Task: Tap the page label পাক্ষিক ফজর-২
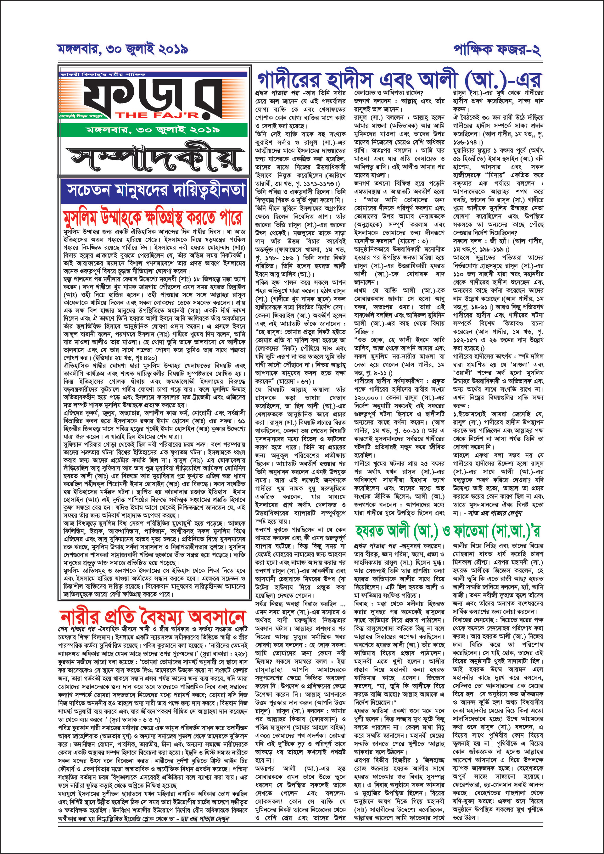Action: [497, 49]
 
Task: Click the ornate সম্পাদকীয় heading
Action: [153, 159]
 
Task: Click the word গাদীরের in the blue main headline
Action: [290, 80]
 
